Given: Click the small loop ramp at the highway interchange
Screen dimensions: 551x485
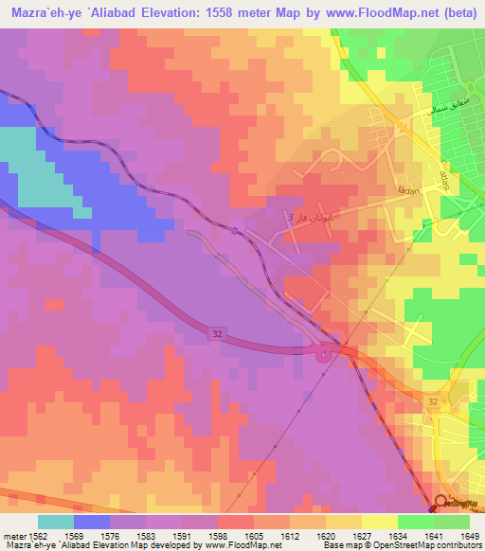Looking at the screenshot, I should pos(325,355).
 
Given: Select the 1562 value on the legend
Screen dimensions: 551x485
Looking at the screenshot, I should pos(37,535).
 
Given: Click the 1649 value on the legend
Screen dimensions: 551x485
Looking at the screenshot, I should pos(471,535).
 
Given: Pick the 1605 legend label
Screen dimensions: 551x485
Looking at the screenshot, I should pos(254,535).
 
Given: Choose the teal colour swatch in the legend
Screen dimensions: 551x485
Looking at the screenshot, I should pos(56,522).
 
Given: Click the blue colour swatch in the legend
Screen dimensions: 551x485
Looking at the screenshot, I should pos(92,522).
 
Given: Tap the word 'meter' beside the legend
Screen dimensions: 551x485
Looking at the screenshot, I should pos(13,535).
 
